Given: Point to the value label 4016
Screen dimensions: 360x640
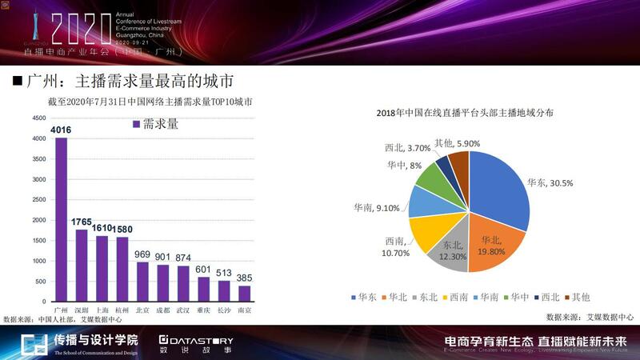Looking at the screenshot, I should pos(61,130).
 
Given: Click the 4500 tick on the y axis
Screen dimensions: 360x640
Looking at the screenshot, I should pos(38,118).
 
